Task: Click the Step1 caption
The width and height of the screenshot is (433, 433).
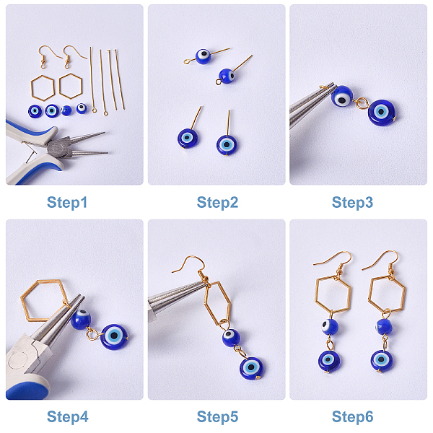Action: tap(67, 203)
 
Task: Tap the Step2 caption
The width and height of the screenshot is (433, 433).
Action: tap(217, 203)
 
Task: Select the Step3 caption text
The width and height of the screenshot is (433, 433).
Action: tap(352, 203)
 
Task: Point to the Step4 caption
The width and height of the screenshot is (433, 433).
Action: tap(68, 417)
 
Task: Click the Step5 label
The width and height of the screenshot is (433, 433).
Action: tap(217, 417)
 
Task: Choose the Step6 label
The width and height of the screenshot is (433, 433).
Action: tap(352, 417)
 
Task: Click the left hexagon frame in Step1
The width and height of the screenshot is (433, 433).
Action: tap(32, 89)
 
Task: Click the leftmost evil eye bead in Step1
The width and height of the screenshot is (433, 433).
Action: tap(35, 112)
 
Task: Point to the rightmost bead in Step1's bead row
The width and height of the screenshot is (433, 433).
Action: tap(82, 108)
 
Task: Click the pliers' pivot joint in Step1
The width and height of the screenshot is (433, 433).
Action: tap(59, 147)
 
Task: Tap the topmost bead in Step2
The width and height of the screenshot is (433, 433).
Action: tap(203, 56)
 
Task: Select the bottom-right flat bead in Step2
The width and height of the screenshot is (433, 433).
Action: tap(227, 145)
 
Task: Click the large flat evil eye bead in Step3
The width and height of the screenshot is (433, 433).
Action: tap(381, 113)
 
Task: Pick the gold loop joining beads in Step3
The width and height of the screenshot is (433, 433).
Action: tap(360, 103)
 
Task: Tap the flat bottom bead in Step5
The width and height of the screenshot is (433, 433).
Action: tap(251, 368)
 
